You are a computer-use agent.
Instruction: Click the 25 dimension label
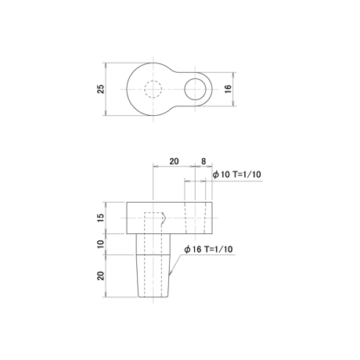(101, 89)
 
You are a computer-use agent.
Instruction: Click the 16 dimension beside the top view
(228, 89)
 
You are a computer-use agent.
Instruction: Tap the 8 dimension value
(203, 161)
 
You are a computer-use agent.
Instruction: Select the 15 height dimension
(101, 218)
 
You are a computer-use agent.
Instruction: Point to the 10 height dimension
(101, 244)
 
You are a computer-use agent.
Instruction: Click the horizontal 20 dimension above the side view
(174, 161)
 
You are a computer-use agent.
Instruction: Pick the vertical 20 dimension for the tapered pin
(101, 275)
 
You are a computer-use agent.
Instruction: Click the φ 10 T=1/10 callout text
(237, 175)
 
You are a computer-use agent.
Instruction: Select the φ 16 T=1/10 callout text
(208, 250)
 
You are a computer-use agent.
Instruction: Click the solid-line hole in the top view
(185, 89)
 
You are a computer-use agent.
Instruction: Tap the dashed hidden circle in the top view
(145, 89)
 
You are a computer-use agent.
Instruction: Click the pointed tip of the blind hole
(166, 218)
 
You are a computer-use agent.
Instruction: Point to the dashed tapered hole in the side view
(195, 218)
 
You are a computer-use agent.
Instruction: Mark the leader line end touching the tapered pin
(170, 275)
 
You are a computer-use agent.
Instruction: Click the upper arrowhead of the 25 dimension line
(106, 65)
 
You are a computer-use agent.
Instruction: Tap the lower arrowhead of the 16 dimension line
(234, 104)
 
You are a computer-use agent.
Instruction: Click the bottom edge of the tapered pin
(153, 297)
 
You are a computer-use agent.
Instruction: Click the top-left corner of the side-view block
(127, 202)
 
